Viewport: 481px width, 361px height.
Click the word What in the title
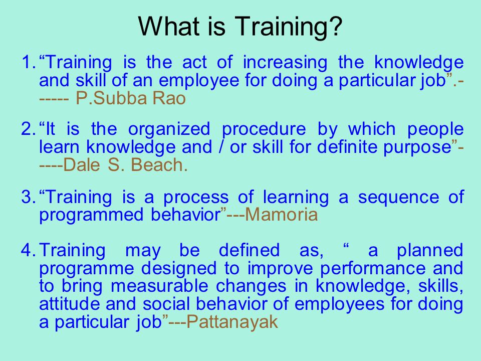(169, 26)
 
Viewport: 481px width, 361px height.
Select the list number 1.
(29, 62)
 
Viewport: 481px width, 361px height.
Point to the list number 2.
(29, 129)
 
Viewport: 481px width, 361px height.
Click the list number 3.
(29, 197)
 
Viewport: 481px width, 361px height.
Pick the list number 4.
(29, 250)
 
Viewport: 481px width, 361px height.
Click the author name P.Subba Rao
(131, 98)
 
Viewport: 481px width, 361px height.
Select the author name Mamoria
(281, 214)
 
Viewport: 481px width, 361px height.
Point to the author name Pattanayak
(232, 322)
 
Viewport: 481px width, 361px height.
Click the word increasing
(285, 63)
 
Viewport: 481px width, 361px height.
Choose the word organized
(169, 129)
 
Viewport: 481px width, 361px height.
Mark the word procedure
(264, 129)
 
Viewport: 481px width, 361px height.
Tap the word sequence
(398, 198)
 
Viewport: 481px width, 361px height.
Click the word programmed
(91, 215)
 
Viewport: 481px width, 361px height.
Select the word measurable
(159, 286)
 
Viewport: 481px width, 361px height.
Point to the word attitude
(69, 304)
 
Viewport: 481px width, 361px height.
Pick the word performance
(373, 269)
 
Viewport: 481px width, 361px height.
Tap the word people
(435, 129)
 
